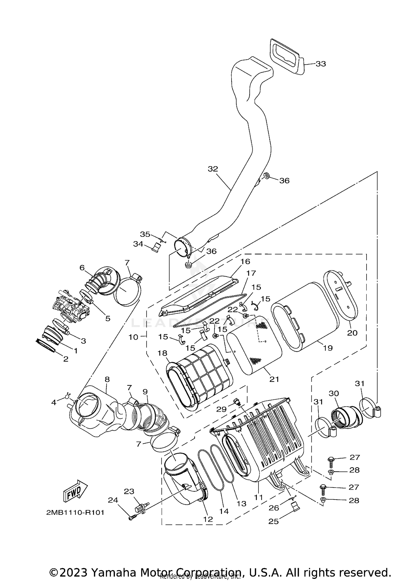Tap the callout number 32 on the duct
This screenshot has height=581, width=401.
click(x=213, y=169)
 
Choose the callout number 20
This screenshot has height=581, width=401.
click(x=352, y=333)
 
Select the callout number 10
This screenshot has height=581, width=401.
click(x=133, y=337)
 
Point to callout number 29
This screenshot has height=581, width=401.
click(x=221, y=409)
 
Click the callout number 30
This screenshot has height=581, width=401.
click(x=334, y=393)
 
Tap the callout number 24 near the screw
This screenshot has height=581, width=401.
click(x=113, y=500)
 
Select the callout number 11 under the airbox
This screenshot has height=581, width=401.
click(x=259, y=497)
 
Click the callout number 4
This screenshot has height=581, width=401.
click(x=54, y=402)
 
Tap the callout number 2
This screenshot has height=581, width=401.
click(x=66, y=359)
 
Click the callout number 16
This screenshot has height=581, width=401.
click(x=245, y=261)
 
